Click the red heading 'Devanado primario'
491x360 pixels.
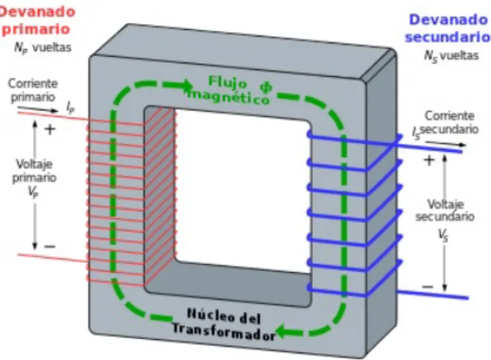point(37,21)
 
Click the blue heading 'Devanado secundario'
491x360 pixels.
point(448,28)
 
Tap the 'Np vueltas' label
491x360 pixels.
point(43,48)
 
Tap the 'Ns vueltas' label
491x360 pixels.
point(452,56)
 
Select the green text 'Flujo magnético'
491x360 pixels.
point(229,91)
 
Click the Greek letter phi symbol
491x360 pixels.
point(266,87)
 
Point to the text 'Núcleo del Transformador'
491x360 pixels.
point(224,324)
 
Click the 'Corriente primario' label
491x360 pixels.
point(33,90)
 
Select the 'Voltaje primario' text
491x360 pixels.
point(34,171)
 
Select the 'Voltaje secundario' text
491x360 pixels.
point(445,210)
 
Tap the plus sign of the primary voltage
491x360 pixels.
point(50,129)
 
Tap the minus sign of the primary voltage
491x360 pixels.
point(50,247)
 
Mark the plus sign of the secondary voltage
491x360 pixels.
point(429,160)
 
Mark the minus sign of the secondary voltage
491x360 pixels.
point(428,286)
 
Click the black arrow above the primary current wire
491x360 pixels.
point(38,109)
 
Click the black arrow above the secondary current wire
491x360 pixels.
point(446,144)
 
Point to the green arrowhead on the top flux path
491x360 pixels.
point(185,84)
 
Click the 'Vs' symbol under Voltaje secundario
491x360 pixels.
point(443,236)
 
